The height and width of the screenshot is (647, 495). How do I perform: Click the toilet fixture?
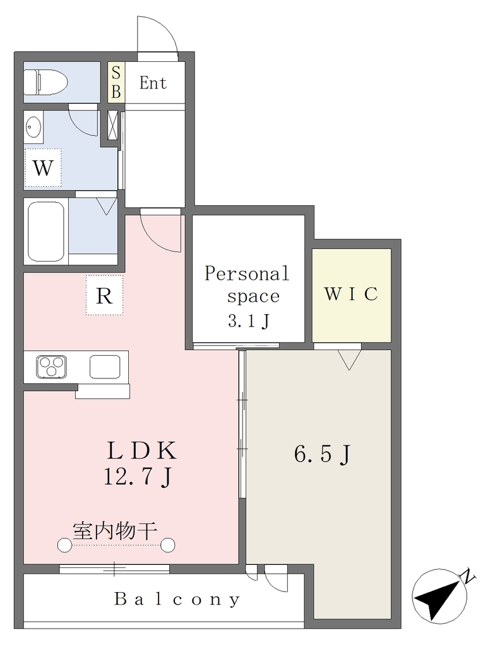pos(45,81)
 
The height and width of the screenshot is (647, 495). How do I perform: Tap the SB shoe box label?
pos(116,83)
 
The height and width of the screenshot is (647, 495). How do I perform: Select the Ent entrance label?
pos(153,83)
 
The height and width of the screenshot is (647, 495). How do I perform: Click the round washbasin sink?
pos(33,126)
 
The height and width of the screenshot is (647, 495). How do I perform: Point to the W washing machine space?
pos(43,168)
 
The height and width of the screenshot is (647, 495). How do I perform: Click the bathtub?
pos(46,231)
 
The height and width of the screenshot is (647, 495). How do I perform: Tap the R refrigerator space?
pos(104,296)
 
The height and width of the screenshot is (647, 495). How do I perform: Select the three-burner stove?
pos(52,366)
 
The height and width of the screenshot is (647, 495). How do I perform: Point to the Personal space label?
pos(247,284)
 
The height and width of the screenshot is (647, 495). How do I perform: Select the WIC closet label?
pos(351,294)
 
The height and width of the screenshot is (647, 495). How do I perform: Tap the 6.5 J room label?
pos(322,454)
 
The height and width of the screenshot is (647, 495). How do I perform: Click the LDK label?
pos(142,450)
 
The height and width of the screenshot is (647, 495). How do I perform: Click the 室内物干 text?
pos(115,531)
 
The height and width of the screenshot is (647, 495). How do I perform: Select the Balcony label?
pos(177,599)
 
